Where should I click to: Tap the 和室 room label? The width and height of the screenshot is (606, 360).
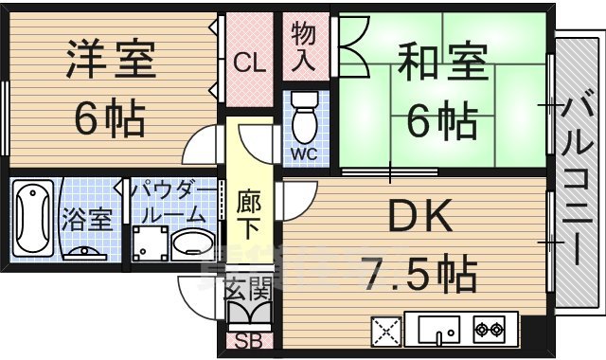point(442,63)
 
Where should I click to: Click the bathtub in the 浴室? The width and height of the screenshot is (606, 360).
point(33,218)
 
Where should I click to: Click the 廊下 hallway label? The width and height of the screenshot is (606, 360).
point(251,214)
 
